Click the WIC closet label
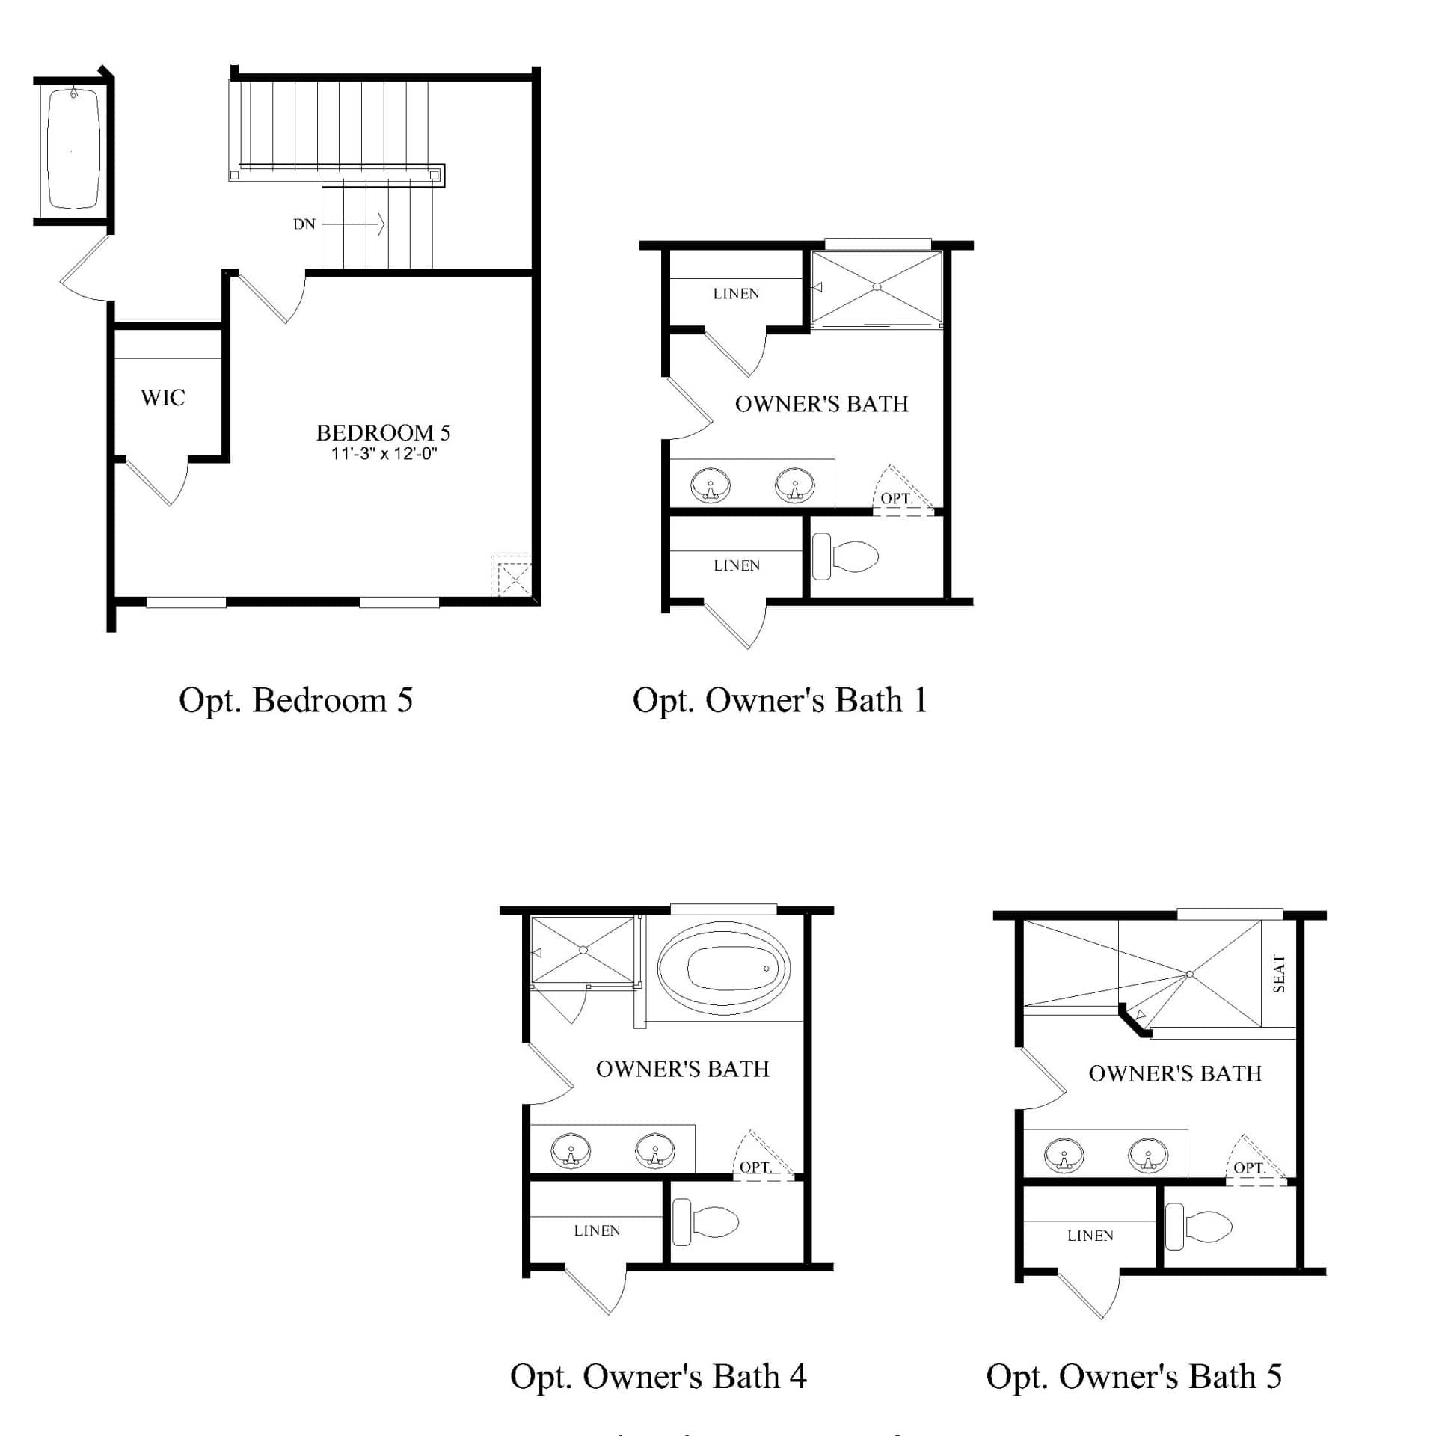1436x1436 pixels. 162,397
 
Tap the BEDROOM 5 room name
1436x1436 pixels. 383,432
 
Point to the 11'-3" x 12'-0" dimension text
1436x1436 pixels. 384,453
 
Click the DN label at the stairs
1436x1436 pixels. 304,224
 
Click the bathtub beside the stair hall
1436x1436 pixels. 73,150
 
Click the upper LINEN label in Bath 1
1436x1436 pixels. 736,294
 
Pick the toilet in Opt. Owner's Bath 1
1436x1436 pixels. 847,556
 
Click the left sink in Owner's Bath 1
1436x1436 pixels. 710,485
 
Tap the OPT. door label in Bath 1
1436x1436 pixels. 896,498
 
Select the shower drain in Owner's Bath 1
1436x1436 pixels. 877,286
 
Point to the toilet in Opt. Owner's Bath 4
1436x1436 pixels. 707,1222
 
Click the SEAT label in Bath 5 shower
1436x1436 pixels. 1278,974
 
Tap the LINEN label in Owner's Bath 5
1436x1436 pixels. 1090,1236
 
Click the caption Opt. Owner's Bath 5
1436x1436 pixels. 1134,1376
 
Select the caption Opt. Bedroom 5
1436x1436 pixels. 295,700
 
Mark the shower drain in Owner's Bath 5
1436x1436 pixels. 1189,974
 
